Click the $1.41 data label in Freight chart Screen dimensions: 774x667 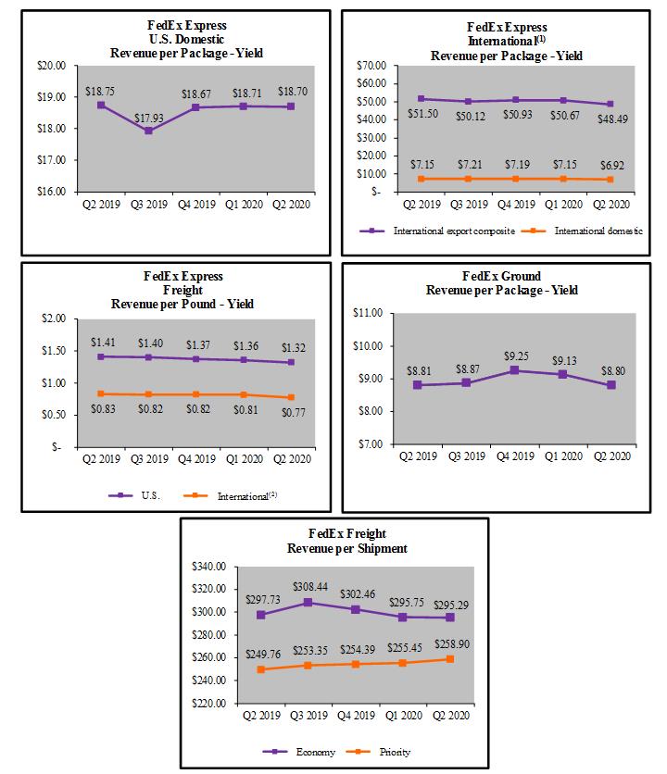(x=102, y=342)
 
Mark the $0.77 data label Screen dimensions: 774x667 (x=293, y=409)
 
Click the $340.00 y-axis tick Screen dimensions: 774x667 (x=212, y=567)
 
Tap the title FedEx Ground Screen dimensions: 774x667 (x=501, y=276)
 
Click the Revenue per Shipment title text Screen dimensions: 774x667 (x=334, y=547)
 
